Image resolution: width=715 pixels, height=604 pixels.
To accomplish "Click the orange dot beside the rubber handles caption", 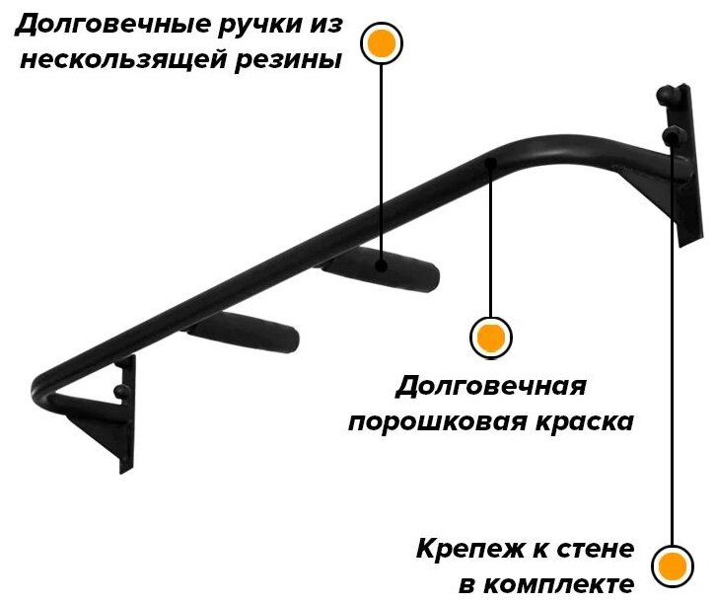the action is pyautogui.click(x=381, y=43).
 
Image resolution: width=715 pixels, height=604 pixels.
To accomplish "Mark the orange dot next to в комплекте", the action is pyautogui.click(x=673, y=566).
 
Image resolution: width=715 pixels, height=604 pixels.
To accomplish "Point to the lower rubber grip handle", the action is pyautogui.click(x=245, y=332).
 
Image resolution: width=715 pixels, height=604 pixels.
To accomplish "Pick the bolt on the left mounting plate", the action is pyautogui.click(x=120, y=392).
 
